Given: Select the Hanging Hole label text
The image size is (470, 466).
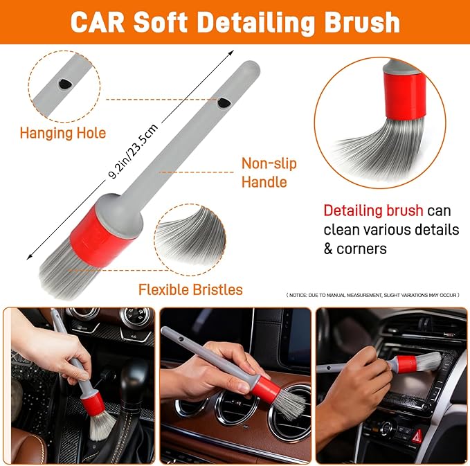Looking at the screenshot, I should coord(62,132).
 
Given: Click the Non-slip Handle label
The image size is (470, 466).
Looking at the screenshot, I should coord(269,172).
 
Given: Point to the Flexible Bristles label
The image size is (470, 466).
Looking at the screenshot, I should coord(190,289).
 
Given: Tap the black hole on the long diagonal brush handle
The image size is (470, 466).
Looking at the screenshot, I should coord(224,103).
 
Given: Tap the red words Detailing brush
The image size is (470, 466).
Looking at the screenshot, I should coord(372,210).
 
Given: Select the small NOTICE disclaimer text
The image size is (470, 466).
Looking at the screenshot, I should coord(372,296).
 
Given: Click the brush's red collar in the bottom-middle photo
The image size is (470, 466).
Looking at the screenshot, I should coord(264,391).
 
